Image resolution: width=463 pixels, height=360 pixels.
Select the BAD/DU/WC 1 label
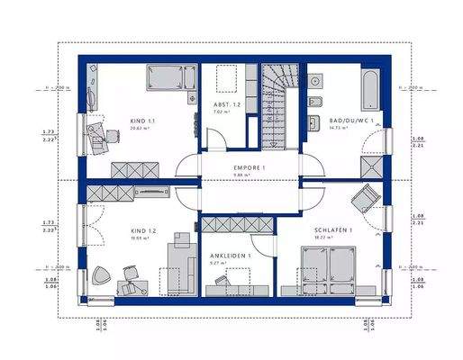350,120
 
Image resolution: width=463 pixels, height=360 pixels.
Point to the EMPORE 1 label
250,168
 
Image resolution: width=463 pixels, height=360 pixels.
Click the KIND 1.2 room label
143,230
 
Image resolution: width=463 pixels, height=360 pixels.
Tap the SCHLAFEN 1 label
332,230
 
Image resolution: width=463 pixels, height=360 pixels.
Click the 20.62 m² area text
141,129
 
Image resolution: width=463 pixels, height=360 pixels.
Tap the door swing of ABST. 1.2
214,139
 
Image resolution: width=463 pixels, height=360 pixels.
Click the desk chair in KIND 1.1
95,136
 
